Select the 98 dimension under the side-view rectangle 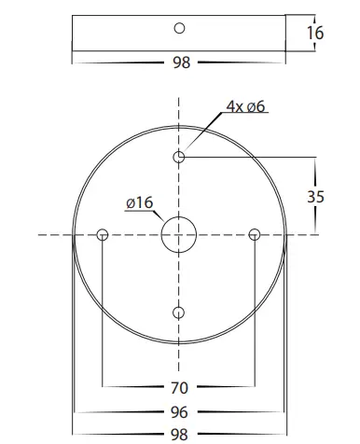[180, 62]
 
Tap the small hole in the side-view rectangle [180, 27]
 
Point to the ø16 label [138, 203]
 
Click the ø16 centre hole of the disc [179, 235]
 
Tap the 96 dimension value [179, 411]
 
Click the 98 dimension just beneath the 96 [179, 434]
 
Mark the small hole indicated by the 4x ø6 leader [179, 157]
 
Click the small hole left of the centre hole [103, 235]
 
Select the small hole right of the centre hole [254, 235]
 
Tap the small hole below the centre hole [179, 312]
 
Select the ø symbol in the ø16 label [129, 203]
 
